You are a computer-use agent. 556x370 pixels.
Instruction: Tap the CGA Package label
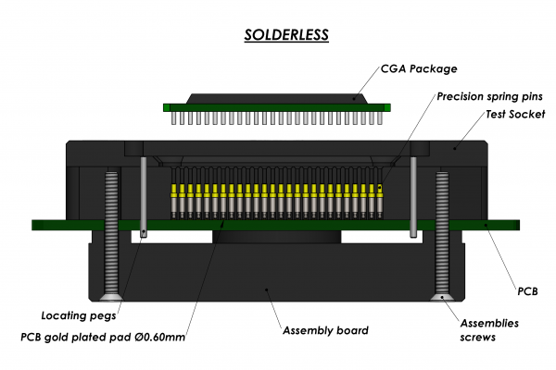click(x=419, y=68)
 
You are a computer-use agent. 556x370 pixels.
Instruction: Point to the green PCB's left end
click(x=42, y=225)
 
